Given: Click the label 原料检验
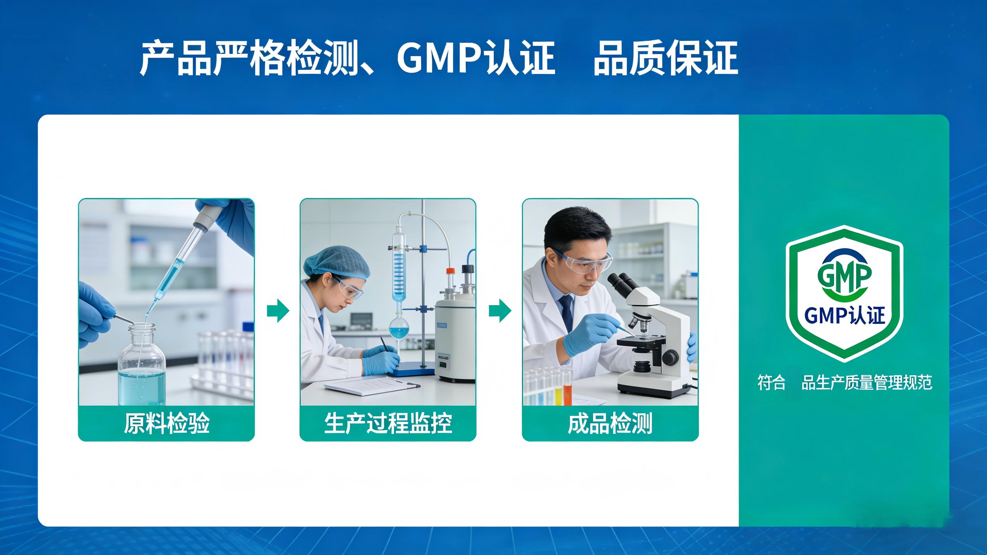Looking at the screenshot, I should (166, 423).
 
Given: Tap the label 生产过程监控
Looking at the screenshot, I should (388, 423).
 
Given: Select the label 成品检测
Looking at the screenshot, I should (610, 423).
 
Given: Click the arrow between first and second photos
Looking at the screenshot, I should (278, 311).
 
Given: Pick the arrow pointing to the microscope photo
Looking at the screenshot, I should (500, 311).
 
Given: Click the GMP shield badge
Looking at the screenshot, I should (844, 293).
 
